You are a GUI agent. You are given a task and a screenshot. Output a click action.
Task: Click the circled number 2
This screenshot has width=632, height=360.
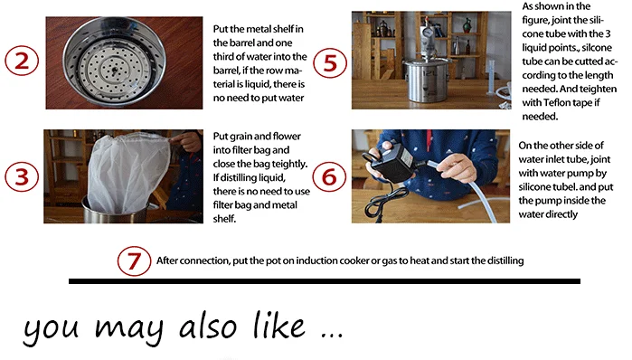pyautogui.click(x=22, y=61)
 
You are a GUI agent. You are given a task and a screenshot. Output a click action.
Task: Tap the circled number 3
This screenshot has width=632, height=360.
pyautogui.click(x=22, y=176)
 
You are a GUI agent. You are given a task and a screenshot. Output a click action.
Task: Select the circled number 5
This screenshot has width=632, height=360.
pyautogui.click(x=330, y=63)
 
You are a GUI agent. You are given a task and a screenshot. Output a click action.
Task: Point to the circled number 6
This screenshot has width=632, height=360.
pyautogui.click(x=329, y=176)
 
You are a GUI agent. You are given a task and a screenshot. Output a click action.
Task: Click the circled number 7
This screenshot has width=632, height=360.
pyautogui.click(x=134, y=261)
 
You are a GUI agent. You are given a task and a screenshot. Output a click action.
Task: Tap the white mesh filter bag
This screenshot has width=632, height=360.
pyautogui.click(x=127, y=174)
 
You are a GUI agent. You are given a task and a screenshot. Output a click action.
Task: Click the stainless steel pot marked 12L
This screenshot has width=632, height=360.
pyautogui.click(x=428, y=80)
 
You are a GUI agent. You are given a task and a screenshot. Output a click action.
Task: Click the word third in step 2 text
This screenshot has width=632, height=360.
pyautogui.click(x=224, y=56)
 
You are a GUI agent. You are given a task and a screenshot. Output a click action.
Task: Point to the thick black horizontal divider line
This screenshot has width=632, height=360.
pyautogui.click(x=325, y=281)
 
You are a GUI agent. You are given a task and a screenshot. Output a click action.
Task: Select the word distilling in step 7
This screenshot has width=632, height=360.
pyautogui.click(x=505, y=261)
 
